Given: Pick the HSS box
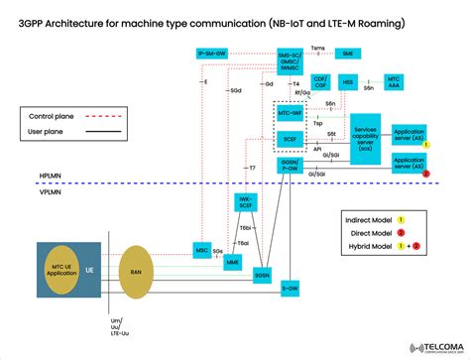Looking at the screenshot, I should tap(348, 82).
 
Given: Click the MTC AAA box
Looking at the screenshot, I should tap(393, 82).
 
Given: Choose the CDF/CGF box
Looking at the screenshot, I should tap(320, 82).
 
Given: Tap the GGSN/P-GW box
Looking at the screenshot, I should tap(289, 164).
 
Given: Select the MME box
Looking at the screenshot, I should tap(233, 262).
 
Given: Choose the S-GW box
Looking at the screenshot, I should tap(290, 288).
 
